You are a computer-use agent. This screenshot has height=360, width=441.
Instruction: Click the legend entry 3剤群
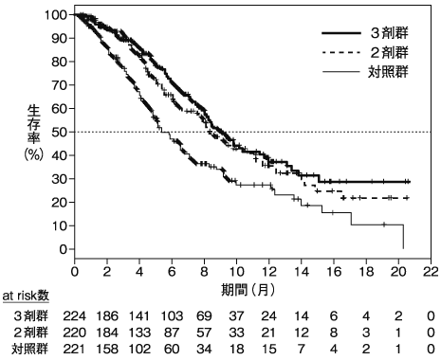(x=389, y=33)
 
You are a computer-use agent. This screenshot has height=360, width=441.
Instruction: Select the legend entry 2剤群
(x=389, y=52)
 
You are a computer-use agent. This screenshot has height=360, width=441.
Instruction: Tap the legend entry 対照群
(x=388, y=72)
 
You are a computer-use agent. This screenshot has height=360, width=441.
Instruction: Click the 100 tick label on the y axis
(x=56, y=15)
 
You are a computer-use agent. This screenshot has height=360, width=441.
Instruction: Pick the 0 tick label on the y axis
(x=63, y=249)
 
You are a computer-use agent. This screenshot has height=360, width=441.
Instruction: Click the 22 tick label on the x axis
(x=431, y=272)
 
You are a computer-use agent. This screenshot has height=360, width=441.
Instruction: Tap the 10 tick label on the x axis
(x=237, y=272)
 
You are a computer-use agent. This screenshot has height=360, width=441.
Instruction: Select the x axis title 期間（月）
(x=248, y=290)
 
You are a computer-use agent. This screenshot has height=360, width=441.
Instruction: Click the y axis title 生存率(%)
(x=33, y=133)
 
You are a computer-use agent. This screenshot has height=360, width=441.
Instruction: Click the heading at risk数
(x=26, y=296)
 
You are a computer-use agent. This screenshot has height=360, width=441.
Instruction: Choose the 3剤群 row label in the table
(x=30, y=315)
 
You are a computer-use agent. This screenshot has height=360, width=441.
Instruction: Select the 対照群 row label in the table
(x=30, y=349)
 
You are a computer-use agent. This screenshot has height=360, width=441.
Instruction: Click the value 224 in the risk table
(x=74, y=316)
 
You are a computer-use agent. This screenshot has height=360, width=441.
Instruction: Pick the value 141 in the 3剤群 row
(x=139, y=316)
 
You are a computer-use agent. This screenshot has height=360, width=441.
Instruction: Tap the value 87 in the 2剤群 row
(x=172, y=333)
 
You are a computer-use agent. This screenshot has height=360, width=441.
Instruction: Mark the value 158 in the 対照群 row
(x=107, y=349)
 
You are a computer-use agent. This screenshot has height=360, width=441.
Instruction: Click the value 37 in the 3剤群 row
(x=236, y=316)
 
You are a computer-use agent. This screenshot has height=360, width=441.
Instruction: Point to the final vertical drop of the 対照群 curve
(x=403, y=237)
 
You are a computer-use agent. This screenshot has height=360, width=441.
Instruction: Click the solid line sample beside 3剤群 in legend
(x=341, y=33)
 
